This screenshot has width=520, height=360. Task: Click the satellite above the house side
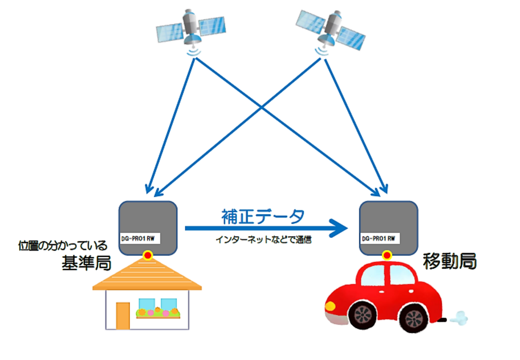[x=191, y=28]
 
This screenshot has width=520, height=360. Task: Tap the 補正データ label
[x=263, y=217]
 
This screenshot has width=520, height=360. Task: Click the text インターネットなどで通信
[x=263, y=239]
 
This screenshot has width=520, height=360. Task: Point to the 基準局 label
[x=86, y=263]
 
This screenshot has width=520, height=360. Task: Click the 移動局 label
[x=450, y=261]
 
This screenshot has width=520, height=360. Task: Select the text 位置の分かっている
[x=63, y=246]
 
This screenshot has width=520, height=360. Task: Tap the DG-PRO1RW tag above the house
[x=140, y=239]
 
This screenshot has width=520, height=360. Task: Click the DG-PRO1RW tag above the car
[x=380, y=239]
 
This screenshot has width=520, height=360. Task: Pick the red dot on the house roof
[x=148, y=255]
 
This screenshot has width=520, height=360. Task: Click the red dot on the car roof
[x=387, y=255]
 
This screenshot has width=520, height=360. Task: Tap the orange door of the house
[x=123, y=316]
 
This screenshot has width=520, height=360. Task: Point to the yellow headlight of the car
[x=330, y=306]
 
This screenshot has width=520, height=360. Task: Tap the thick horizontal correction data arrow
[x=266, y=228]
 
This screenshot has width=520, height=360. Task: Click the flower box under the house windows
[x=158, y=313]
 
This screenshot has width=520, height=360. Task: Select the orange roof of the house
[x=147, y=274]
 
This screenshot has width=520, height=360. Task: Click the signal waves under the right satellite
[x=321, y=52]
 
